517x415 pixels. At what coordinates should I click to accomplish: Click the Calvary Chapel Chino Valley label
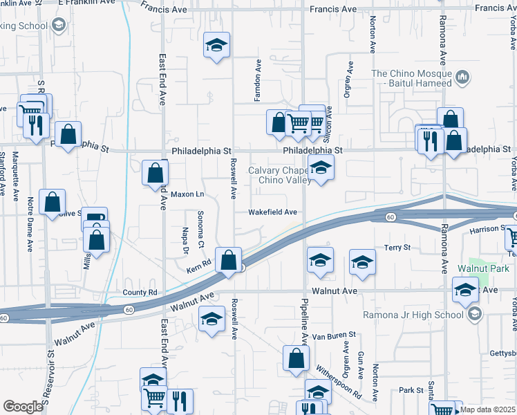click(275, 176)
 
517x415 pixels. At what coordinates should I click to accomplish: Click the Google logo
click(23, 406)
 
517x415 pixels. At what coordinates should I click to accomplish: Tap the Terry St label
click(397, 247)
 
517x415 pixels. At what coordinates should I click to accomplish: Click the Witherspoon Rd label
click(339, 381)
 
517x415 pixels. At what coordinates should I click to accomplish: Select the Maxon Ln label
click(187, 194)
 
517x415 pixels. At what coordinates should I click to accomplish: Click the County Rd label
click(140, 293)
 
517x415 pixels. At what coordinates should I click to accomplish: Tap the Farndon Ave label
click(257, 80)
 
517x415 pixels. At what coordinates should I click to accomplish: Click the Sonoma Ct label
click(200, 230)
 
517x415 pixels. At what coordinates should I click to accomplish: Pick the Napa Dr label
click(185, 237)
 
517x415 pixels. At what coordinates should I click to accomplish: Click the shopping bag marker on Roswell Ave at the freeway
click(228, 261)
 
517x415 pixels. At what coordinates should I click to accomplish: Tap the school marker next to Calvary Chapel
click(320, 167)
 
